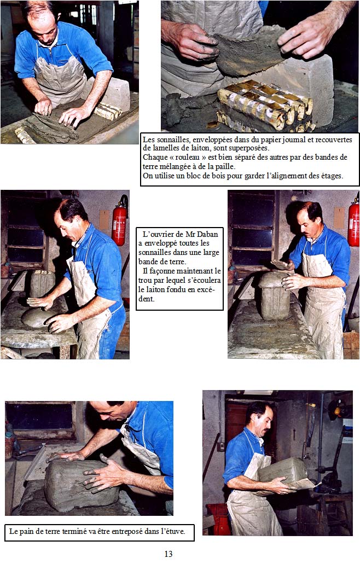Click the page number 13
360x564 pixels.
tap(169, 554)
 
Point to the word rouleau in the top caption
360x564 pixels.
tap(187, 157)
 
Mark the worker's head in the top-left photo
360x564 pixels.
tap(42, 24)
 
